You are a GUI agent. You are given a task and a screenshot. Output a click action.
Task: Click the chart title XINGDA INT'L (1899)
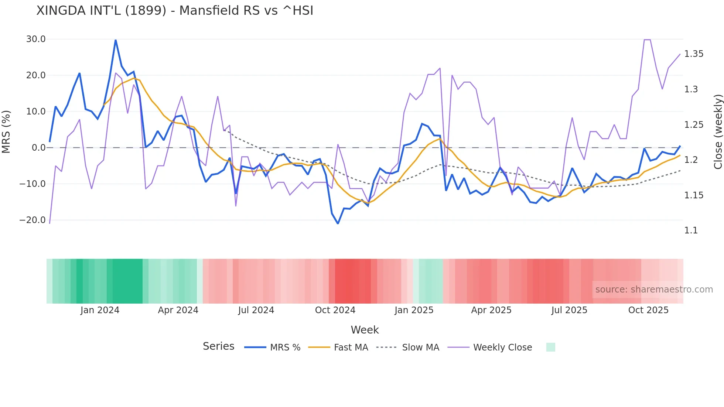point(175,11)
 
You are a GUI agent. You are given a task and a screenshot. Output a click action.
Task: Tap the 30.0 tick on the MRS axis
point(36,39)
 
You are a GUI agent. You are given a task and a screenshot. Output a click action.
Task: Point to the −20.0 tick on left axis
point(33,220)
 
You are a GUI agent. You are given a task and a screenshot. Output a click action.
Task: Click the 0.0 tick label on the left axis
point(39,148)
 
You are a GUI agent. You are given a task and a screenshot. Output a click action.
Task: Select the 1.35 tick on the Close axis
point(693,54)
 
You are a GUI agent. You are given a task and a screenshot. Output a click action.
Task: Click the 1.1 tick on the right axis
point(691,230)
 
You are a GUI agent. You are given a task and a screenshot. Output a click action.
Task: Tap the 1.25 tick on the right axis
point(693,125)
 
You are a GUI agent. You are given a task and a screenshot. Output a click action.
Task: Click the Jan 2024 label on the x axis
point(100,310)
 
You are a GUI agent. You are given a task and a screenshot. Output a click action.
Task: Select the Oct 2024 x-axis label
point(335,310)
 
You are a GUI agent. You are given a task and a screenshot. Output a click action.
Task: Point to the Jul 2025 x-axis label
point(569,310)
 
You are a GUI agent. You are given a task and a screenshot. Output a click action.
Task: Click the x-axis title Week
point(365,330)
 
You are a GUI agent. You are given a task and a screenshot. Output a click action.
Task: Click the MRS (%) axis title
point(6,131)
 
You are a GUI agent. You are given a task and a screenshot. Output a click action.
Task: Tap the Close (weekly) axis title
point(718,131)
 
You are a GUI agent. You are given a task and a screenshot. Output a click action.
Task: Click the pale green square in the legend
point(550,347)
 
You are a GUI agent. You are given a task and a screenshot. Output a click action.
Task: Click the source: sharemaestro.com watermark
point(654,290)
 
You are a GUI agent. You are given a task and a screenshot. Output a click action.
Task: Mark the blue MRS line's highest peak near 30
point(116,40)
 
